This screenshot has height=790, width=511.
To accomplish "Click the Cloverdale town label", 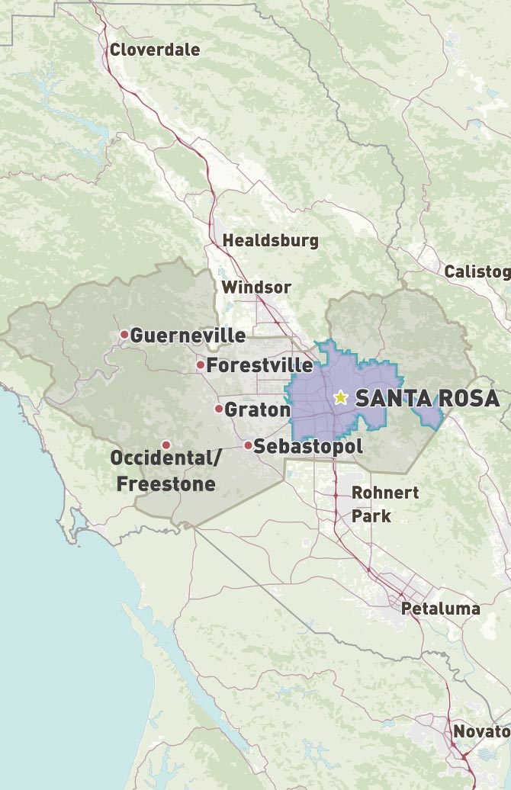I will (x=155, y=50).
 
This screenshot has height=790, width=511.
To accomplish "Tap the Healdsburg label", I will (x=270, y=241).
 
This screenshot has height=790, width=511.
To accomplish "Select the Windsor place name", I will (x=256, y=287).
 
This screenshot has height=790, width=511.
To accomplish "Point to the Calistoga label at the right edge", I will (x=477, y=272).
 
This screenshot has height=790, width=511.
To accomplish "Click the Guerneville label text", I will (x=188, y=336).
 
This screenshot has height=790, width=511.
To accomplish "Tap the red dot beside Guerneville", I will (x=124, y=334).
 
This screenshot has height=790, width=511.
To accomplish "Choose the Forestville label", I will (x=259, y=365).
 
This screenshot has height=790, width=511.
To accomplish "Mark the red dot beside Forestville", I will (x=201, y=365).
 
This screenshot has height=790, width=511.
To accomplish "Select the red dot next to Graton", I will (x=219, y=409).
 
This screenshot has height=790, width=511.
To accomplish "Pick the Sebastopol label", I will (x=308, y=447).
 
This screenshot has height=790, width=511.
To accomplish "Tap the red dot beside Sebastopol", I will (x=248, y=445).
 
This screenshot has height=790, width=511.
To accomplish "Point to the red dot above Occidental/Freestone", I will (x=166, y=445).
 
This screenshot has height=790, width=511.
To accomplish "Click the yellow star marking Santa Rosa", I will (x=340, y=398).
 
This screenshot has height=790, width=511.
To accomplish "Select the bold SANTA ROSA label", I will (x=427, y=399).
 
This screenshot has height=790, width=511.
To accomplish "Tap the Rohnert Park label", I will (x=384, y=504).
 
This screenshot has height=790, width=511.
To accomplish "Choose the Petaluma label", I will (x=441, y=609).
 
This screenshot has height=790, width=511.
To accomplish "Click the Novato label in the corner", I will (x=481, y=732).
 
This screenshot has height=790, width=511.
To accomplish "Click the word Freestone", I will (x=166, y=484).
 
